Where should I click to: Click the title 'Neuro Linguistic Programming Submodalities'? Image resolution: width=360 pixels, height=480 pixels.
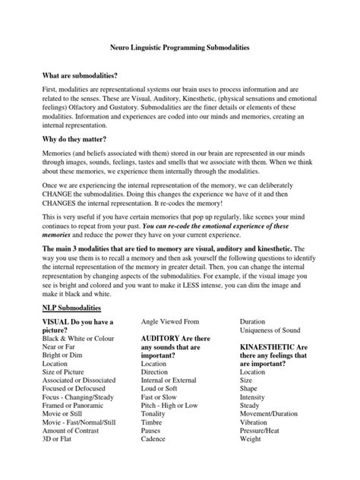coord(181,46)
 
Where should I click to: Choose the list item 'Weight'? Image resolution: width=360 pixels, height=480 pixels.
coord(251,439)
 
